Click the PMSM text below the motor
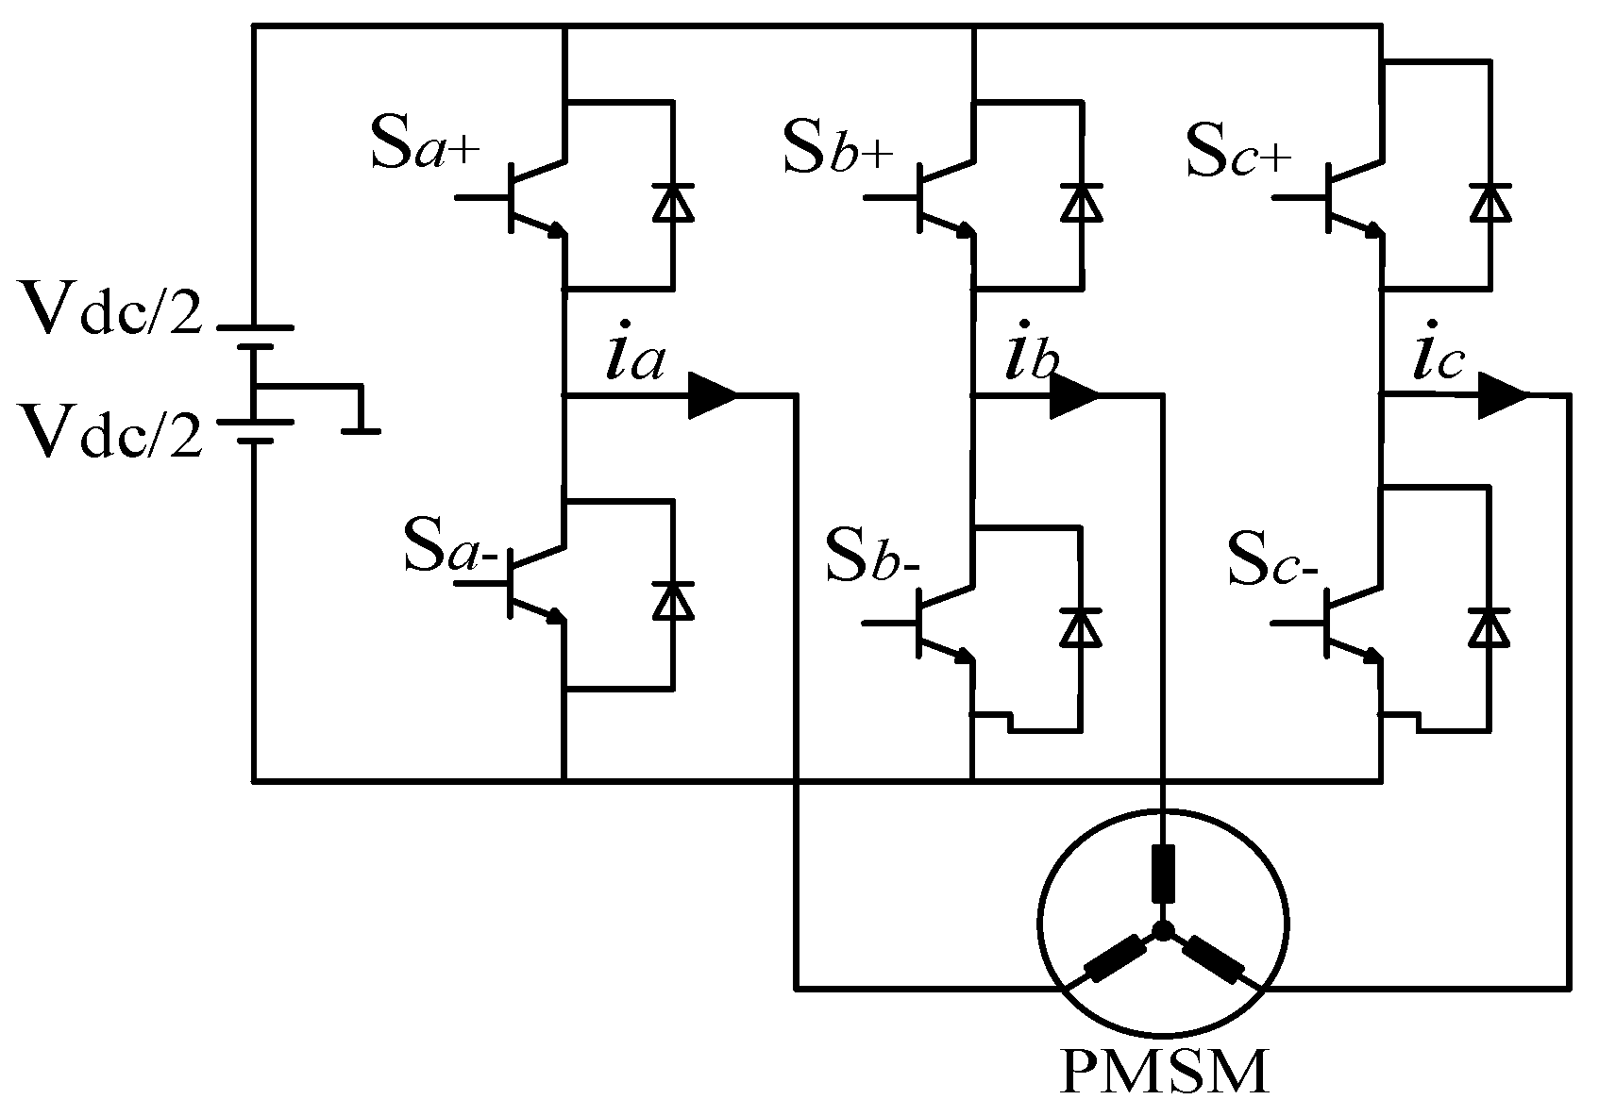(1163, 1074)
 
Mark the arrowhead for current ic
(1501, 395)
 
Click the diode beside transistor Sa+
(673, 203)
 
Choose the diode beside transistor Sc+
(1490, 203)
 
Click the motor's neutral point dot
(1163, 932)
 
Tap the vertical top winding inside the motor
(1163, 874)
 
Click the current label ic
(1437, 358)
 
